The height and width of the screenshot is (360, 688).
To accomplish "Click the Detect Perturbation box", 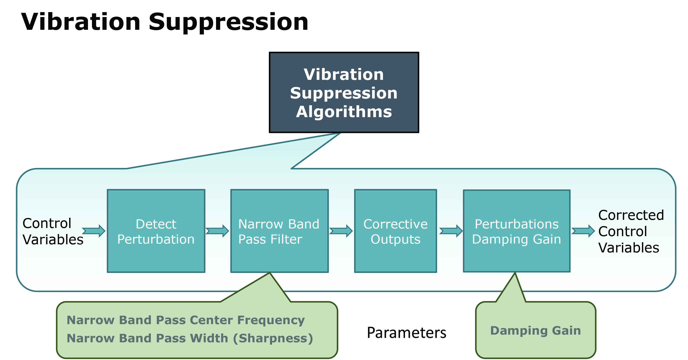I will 156,231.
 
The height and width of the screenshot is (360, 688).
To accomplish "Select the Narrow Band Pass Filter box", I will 279,231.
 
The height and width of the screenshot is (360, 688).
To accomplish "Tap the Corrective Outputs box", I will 395,231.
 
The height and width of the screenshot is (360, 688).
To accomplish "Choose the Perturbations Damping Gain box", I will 516,231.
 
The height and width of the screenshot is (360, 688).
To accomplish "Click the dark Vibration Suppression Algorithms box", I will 344,92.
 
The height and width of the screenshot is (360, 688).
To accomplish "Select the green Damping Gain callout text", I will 536,331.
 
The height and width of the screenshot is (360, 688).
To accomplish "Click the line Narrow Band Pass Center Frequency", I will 186,320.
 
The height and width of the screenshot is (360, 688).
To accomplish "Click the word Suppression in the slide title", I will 228,22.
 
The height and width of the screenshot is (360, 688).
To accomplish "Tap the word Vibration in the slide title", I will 81,22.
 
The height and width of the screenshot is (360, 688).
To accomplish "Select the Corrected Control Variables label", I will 631,231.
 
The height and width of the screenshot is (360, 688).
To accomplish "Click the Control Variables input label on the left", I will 53,231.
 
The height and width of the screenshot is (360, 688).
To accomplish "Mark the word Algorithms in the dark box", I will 344,112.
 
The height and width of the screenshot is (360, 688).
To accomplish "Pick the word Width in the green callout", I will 209,338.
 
